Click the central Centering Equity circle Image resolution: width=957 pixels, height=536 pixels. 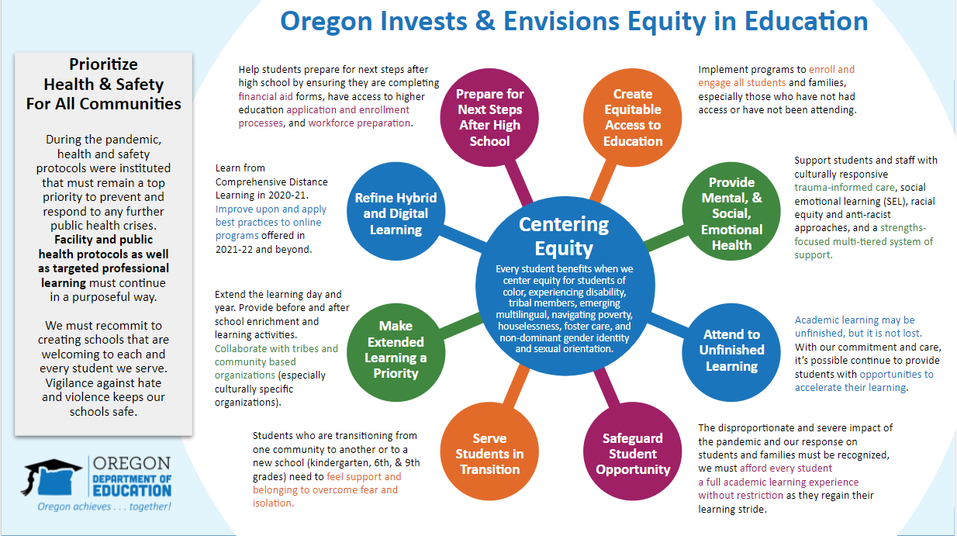(x=565, y=286)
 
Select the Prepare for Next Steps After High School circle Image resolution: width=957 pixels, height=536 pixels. (x=489, y=118)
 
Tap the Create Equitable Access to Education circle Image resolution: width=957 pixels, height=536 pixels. (x=633, y=118)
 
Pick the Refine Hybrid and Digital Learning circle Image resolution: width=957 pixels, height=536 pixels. (x=396, y=211)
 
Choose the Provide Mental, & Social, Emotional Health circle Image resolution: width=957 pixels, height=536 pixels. (x=731, y=211)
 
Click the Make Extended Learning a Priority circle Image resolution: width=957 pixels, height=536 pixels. (x=396, y=353)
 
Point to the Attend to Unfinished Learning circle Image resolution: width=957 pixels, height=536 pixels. (x=731, y=353)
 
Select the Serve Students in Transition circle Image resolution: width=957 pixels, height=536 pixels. (x=489, y=451)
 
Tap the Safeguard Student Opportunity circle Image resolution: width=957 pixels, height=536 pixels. (x=633, y=451)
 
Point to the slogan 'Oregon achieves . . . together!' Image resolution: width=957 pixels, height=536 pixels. (x=104, y=507)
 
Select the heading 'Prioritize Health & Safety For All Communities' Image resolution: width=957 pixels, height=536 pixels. (x=103, y=85)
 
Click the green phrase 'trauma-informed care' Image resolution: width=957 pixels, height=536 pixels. (x=845, y=188)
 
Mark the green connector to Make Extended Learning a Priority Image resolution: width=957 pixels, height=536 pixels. (x=461, y=326)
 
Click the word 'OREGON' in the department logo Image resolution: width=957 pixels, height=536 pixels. (x=132, y=463)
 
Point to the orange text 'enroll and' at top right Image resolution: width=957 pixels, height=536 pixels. (x=831, y=69)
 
